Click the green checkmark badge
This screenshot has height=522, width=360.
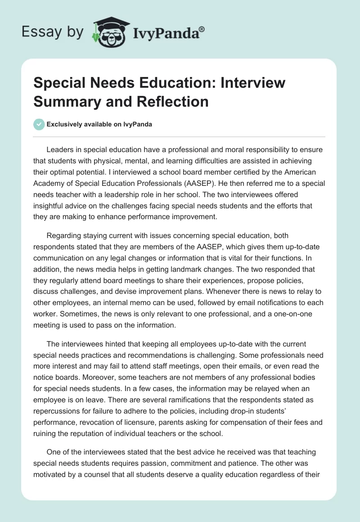tap(40, 124)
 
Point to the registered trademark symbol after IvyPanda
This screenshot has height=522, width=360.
tap(202, 29)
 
